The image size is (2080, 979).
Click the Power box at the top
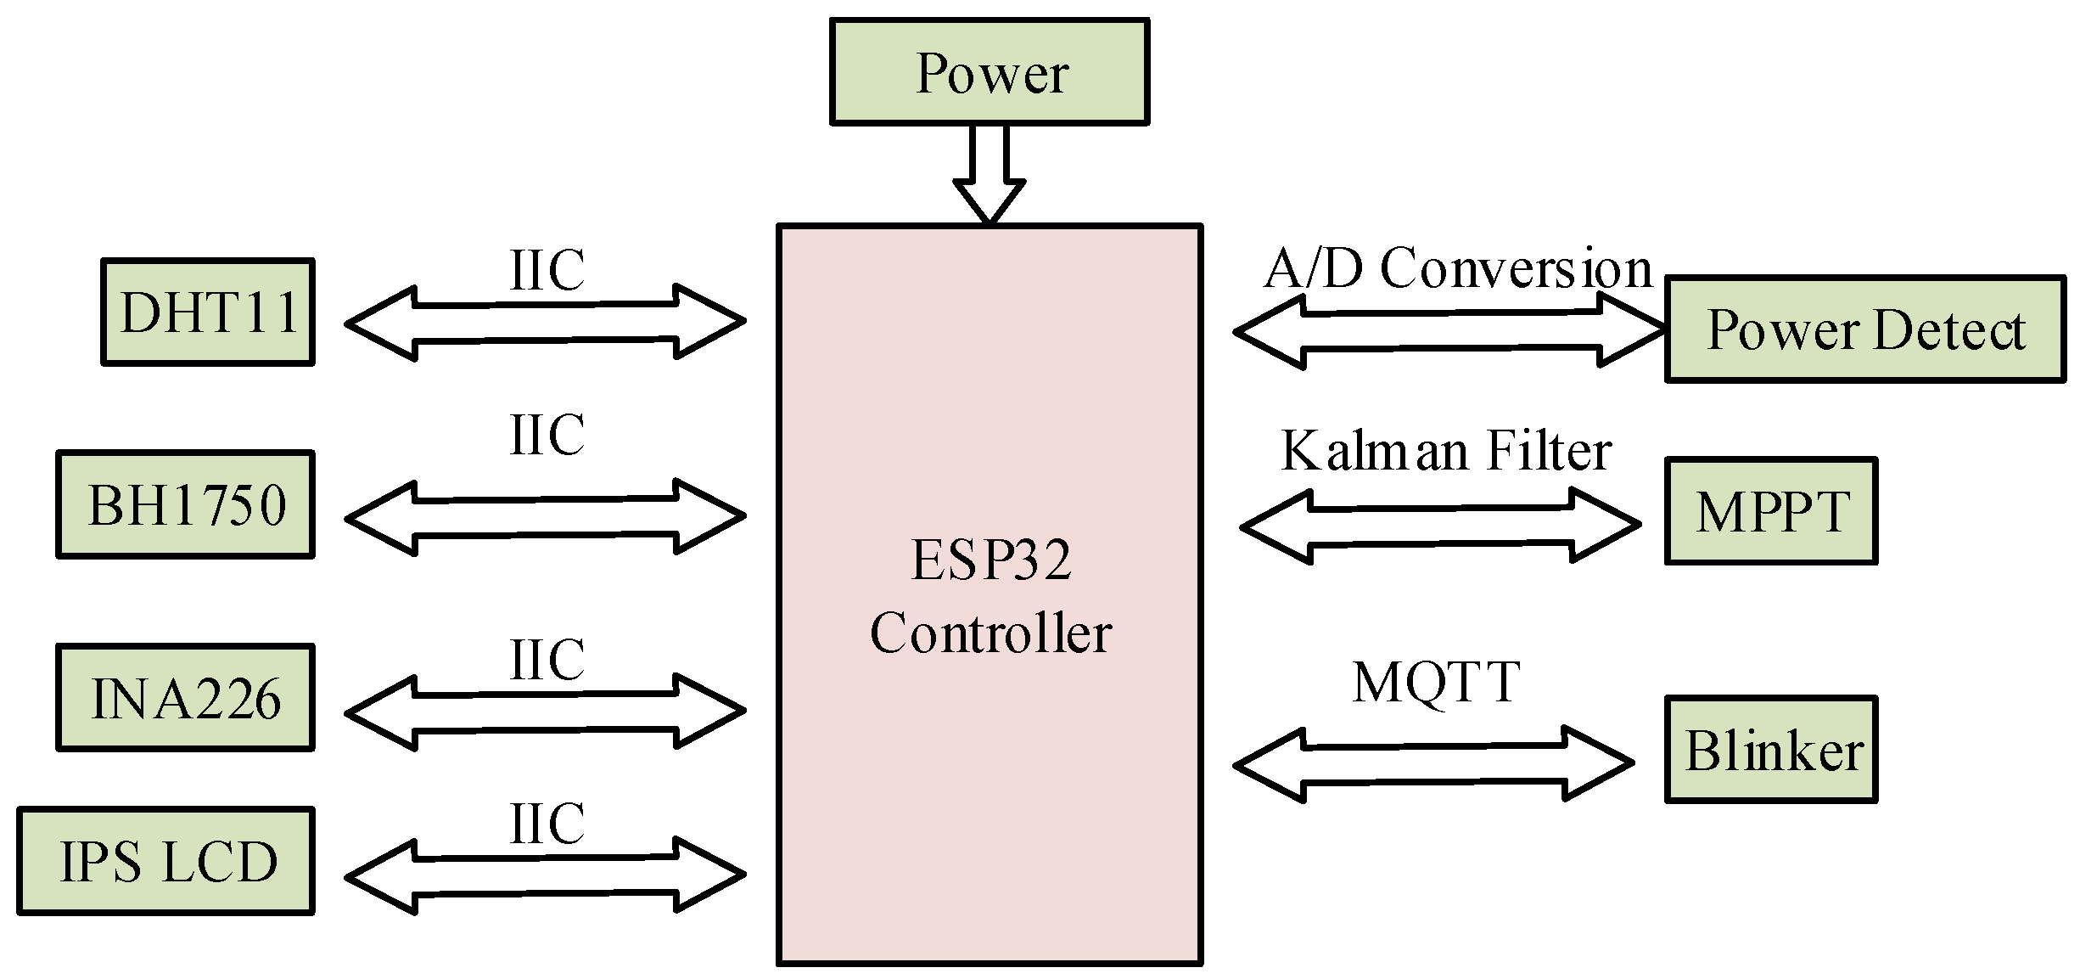[x=990, y=72]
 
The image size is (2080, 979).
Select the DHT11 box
[x=208, y=312]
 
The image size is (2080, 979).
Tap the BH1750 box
[x=186, y=504]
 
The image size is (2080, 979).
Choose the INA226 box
[x=186, y=698]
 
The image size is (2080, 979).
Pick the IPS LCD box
[x=166, y=861]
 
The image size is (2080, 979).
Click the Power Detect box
[x=1864, y=329]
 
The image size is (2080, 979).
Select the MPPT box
[x=1770, y=511]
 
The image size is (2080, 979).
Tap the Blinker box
[x=1770, y=750]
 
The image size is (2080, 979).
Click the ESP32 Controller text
[x=990, y=596]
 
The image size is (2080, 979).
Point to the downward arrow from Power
[x=990, y=174]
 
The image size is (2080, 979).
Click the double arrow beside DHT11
[x=545, y=323]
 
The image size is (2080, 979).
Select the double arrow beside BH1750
[x=545, y=516]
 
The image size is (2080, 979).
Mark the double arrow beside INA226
[x=545, y=711]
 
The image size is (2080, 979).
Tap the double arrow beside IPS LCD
[x=545, y=875]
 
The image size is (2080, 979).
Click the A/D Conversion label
[x=1457, y=268]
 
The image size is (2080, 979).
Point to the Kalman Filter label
[x=1445, y=450]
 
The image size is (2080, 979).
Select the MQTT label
[x=1436, y=682]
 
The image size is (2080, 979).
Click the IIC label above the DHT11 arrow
[x=547, y=270]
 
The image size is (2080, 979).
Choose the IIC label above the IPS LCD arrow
[x=547, y=823]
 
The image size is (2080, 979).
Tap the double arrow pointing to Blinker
[x=1433, y=764]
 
